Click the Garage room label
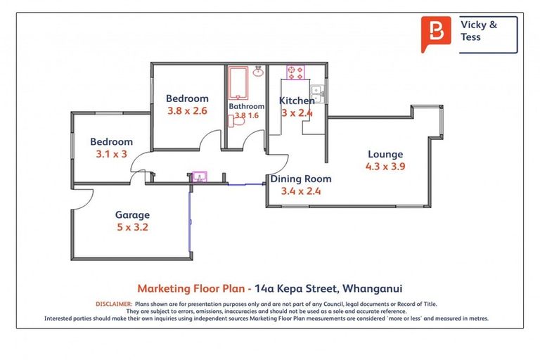tap(132, 215)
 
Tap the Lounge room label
tap(385, 155)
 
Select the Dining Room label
tap(301, 179)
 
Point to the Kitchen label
tap(297, 101)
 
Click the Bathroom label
tap(246, 106)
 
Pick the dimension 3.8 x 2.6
tap(187, 110)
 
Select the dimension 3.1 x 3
tap(111, 153)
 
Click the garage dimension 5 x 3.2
tap(132, 227)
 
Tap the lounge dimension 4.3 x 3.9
tap(385, 167)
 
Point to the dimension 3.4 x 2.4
tap(301, 191)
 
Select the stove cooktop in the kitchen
tap(295, 71)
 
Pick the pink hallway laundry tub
tap(199, 176)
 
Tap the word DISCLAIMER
tap(112, 304)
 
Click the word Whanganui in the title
tap(372, 288)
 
